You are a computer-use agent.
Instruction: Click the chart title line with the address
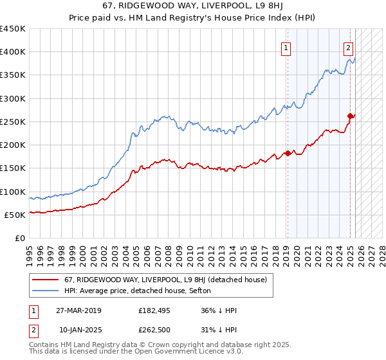pyautogui.click(x=192, y=6)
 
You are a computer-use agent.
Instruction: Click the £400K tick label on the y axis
pyautogui.click(x=13, y=52)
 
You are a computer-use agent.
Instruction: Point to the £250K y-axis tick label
pyautogui.click(x=13, y=122)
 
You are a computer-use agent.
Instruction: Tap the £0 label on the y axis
pyautogui.click(x=20, y=238)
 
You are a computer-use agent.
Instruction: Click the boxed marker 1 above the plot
pyautogui.click(x=285, y=47)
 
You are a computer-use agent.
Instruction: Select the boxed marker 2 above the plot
pyautogui.click(x=348, y=47)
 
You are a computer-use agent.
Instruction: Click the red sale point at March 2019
pyautogui.click(x=288, y=153)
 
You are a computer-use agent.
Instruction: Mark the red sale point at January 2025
pyautogui.click(x=351, y=116)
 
